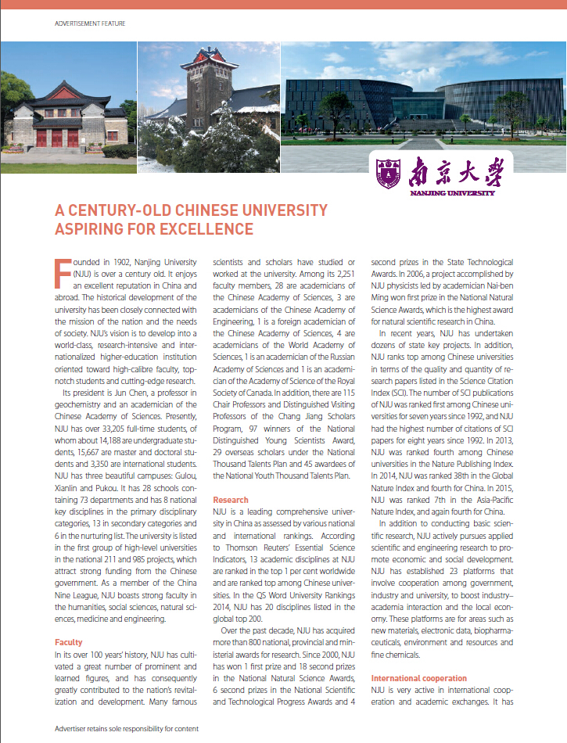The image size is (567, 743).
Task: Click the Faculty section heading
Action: tap(69, 641)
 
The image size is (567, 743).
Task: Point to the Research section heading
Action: tap(231, 500)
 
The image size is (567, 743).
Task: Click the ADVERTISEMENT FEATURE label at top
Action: tap(90, 23)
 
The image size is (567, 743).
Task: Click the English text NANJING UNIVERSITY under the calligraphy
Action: tap(452, 192)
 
